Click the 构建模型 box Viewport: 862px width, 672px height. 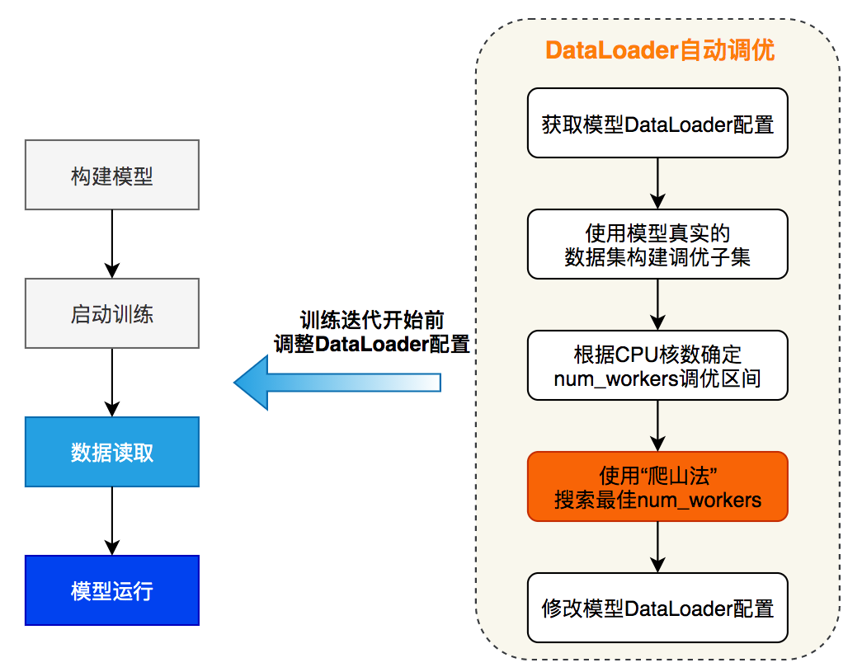[x=112, y=175]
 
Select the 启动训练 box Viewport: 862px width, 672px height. [x=112, y=313]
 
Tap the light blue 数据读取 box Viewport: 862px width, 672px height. [x=112, y=452]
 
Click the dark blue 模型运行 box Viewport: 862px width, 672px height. [x=112, y=590]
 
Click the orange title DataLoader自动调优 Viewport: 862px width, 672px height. [x=659, y=49]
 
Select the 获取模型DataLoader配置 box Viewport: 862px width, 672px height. [x=657, y=123]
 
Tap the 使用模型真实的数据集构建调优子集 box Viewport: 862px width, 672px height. [x=657, y=244]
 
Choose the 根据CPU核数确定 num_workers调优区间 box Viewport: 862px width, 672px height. [x=657, y=365]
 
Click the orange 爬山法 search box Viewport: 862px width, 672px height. [x=657, y=486]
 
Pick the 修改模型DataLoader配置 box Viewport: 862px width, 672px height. [x=657, y=608]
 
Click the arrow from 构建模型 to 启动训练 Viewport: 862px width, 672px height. [x=112, y=243]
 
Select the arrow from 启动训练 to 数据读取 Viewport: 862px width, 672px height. [x=112, y=382]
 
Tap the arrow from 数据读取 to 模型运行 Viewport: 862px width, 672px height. [x=112, y=520]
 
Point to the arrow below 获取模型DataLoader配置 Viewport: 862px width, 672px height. [x=657, y=183]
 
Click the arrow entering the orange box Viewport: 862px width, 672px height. [x=657, y=425]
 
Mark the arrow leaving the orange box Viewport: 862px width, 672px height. [x=657, y=547]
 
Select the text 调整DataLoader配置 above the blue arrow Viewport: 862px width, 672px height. [x=372, y=344]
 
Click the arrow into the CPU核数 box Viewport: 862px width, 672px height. [x=657, y=304]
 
